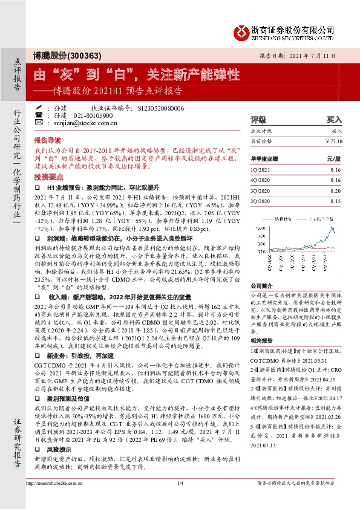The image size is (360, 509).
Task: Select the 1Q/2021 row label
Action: [x=261, y=170]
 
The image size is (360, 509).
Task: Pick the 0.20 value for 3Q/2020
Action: [x=336, y=190]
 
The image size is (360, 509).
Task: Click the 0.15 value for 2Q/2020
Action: [x=336, y=201]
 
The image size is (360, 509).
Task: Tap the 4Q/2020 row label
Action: [x=261, y=181]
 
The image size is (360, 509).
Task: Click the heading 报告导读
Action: [x=48, y=138]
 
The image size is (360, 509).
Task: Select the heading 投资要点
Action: [x=48, y=177]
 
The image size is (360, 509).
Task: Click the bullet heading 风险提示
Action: [x=66, y=451]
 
